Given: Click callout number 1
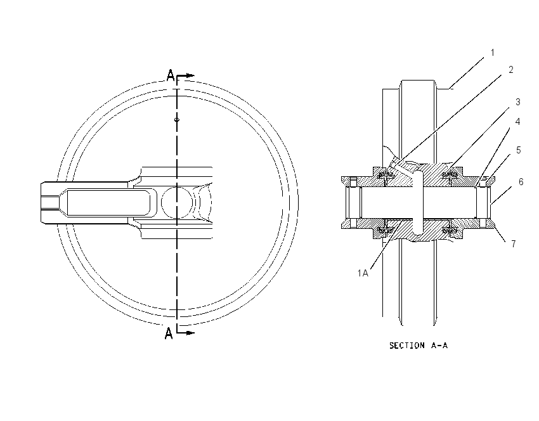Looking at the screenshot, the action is coord(493,53).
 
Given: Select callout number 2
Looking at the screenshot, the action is coord(511,70).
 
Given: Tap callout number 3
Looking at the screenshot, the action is coord(517,102).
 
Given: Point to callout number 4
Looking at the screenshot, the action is coord(517,122).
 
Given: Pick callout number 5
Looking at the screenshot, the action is coord(518,150).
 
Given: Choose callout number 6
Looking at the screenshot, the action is coord(521,182).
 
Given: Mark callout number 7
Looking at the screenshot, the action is coord(514,243).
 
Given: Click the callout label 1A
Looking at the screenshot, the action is coord(363,273).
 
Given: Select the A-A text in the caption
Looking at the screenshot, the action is coord(439,346).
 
